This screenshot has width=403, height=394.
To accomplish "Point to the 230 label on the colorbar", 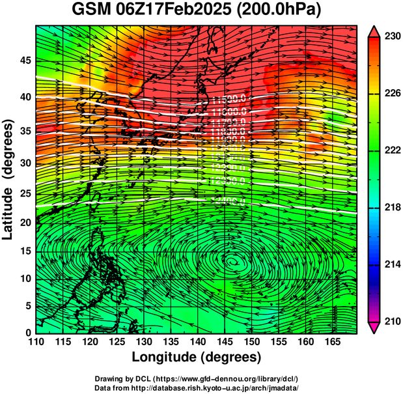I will [390, 36].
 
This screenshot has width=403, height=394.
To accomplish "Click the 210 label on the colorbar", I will [390, 321].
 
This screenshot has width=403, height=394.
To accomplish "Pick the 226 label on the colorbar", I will [390, 94].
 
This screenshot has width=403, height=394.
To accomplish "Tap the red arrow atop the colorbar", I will [374, 31].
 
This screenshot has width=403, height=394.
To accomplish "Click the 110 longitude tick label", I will [36, 341].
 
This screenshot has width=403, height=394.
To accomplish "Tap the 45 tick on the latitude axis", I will [25, 61].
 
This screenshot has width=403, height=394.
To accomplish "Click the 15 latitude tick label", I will [25, 251].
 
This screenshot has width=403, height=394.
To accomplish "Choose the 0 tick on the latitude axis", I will [27, 332].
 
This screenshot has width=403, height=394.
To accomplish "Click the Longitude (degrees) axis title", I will [197, 357].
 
